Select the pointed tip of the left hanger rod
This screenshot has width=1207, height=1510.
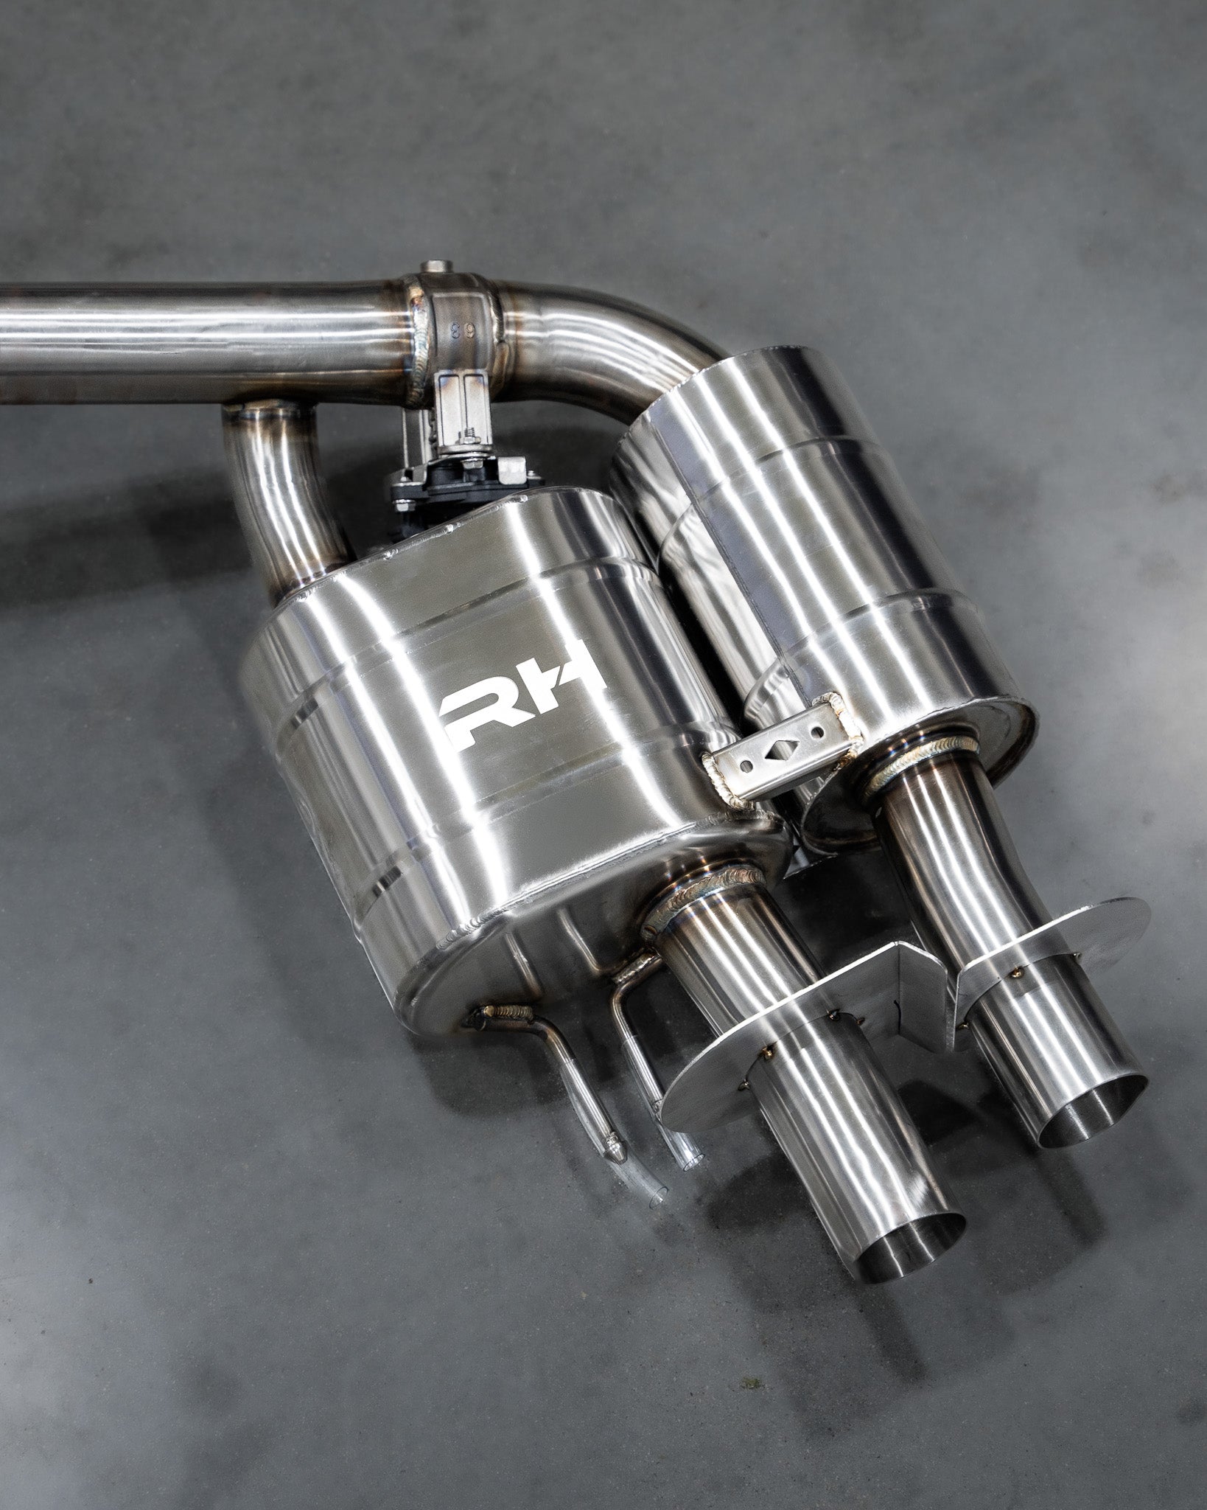point(612,1148)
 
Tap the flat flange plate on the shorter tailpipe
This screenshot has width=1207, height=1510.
point(1061,944)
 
